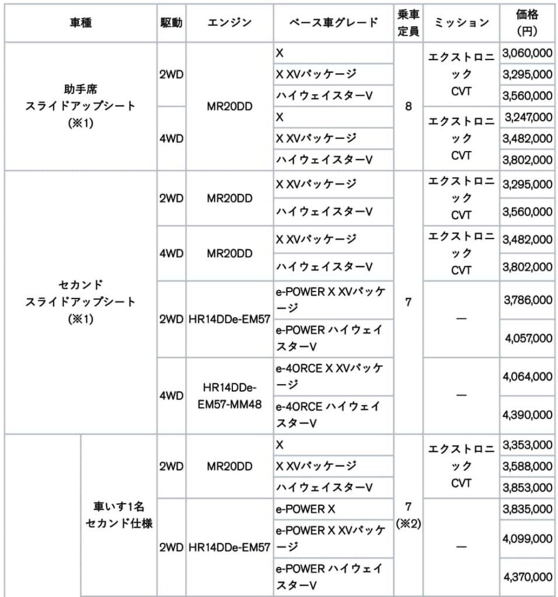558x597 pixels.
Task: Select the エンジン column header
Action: pos(229,23)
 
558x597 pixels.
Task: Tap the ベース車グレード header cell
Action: pos(333,23)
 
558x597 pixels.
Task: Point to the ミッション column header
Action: pos(462,23)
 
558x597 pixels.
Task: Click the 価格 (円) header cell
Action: pos(527,23)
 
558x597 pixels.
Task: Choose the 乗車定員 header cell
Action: pos(409,23)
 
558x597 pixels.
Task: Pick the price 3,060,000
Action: pos(527,53)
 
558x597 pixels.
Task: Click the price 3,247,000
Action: pos(527,117)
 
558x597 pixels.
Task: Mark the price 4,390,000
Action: pos(527,415)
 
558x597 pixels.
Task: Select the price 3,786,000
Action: pos(527,300)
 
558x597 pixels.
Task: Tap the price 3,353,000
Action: pos(527,445)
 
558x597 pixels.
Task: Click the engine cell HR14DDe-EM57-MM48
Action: pos(229,395)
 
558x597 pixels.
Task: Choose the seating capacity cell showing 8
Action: pos(409,106)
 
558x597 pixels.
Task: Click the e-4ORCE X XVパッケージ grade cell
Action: pos(333,376)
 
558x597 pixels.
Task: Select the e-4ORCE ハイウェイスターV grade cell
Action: pos(333,415)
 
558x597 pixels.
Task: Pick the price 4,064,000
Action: pos(527,376)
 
